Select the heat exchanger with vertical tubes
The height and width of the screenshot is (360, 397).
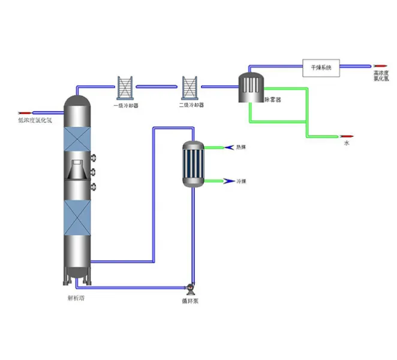pos(194,164)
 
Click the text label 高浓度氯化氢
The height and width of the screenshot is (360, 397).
pos(381,76)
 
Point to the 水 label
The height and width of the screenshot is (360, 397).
pos(346,143)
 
